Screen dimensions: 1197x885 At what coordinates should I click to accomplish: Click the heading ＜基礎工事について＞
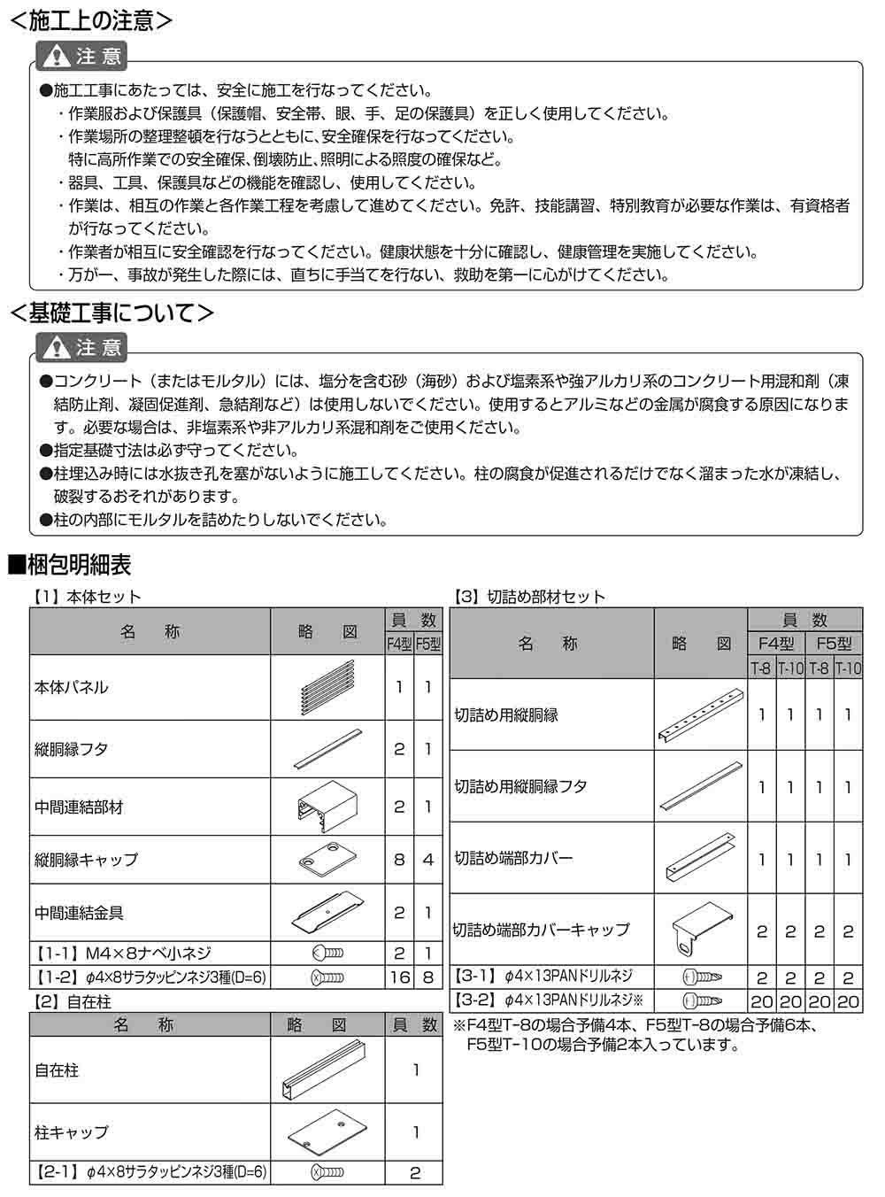111,313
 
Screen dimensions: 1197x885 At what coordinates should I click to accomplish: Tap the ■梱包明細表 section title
70,563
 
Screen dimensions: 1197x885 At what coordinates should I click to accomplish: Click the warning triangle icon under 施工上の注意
58,57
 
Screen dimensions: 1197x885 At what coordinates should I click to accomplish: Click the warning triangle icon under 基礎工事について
58,347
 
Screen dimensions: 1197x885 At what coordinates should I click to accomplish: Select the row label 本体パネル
72,687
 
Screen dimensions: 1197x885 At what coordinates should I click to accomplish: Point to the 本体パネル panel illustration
327,687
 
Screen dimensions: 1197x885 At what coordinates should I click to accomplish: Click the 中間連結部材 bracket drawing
327,806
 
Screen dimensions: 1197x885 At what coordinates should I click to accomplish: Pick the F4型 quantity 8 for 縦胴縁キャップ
399,859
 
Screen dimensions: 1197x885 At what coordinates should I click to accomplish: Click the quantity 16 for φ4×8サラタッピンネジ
399,977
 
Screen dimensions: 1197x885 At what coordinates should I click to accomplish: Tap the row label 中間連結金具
79,912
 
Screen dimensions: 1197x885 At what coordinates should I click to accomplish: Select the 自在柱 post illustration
327,1070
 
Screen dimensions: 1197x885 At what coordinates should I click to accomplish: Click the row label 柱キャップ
72,1131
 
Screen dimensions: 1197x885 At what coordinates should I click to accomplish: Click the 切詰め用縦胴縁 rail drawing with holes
699,714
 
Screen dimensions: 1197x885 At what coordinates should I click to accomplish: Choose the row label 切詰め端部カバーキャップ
542,930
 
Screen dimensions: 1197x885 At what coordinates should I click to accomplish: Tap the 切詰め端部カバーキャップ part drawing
699,930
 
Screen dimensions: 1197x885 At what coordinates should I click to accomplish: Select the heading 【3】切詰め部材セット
529,597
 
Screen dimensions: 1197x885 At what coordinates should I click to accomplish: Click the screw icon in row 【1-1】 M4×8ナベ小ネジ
327,954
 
